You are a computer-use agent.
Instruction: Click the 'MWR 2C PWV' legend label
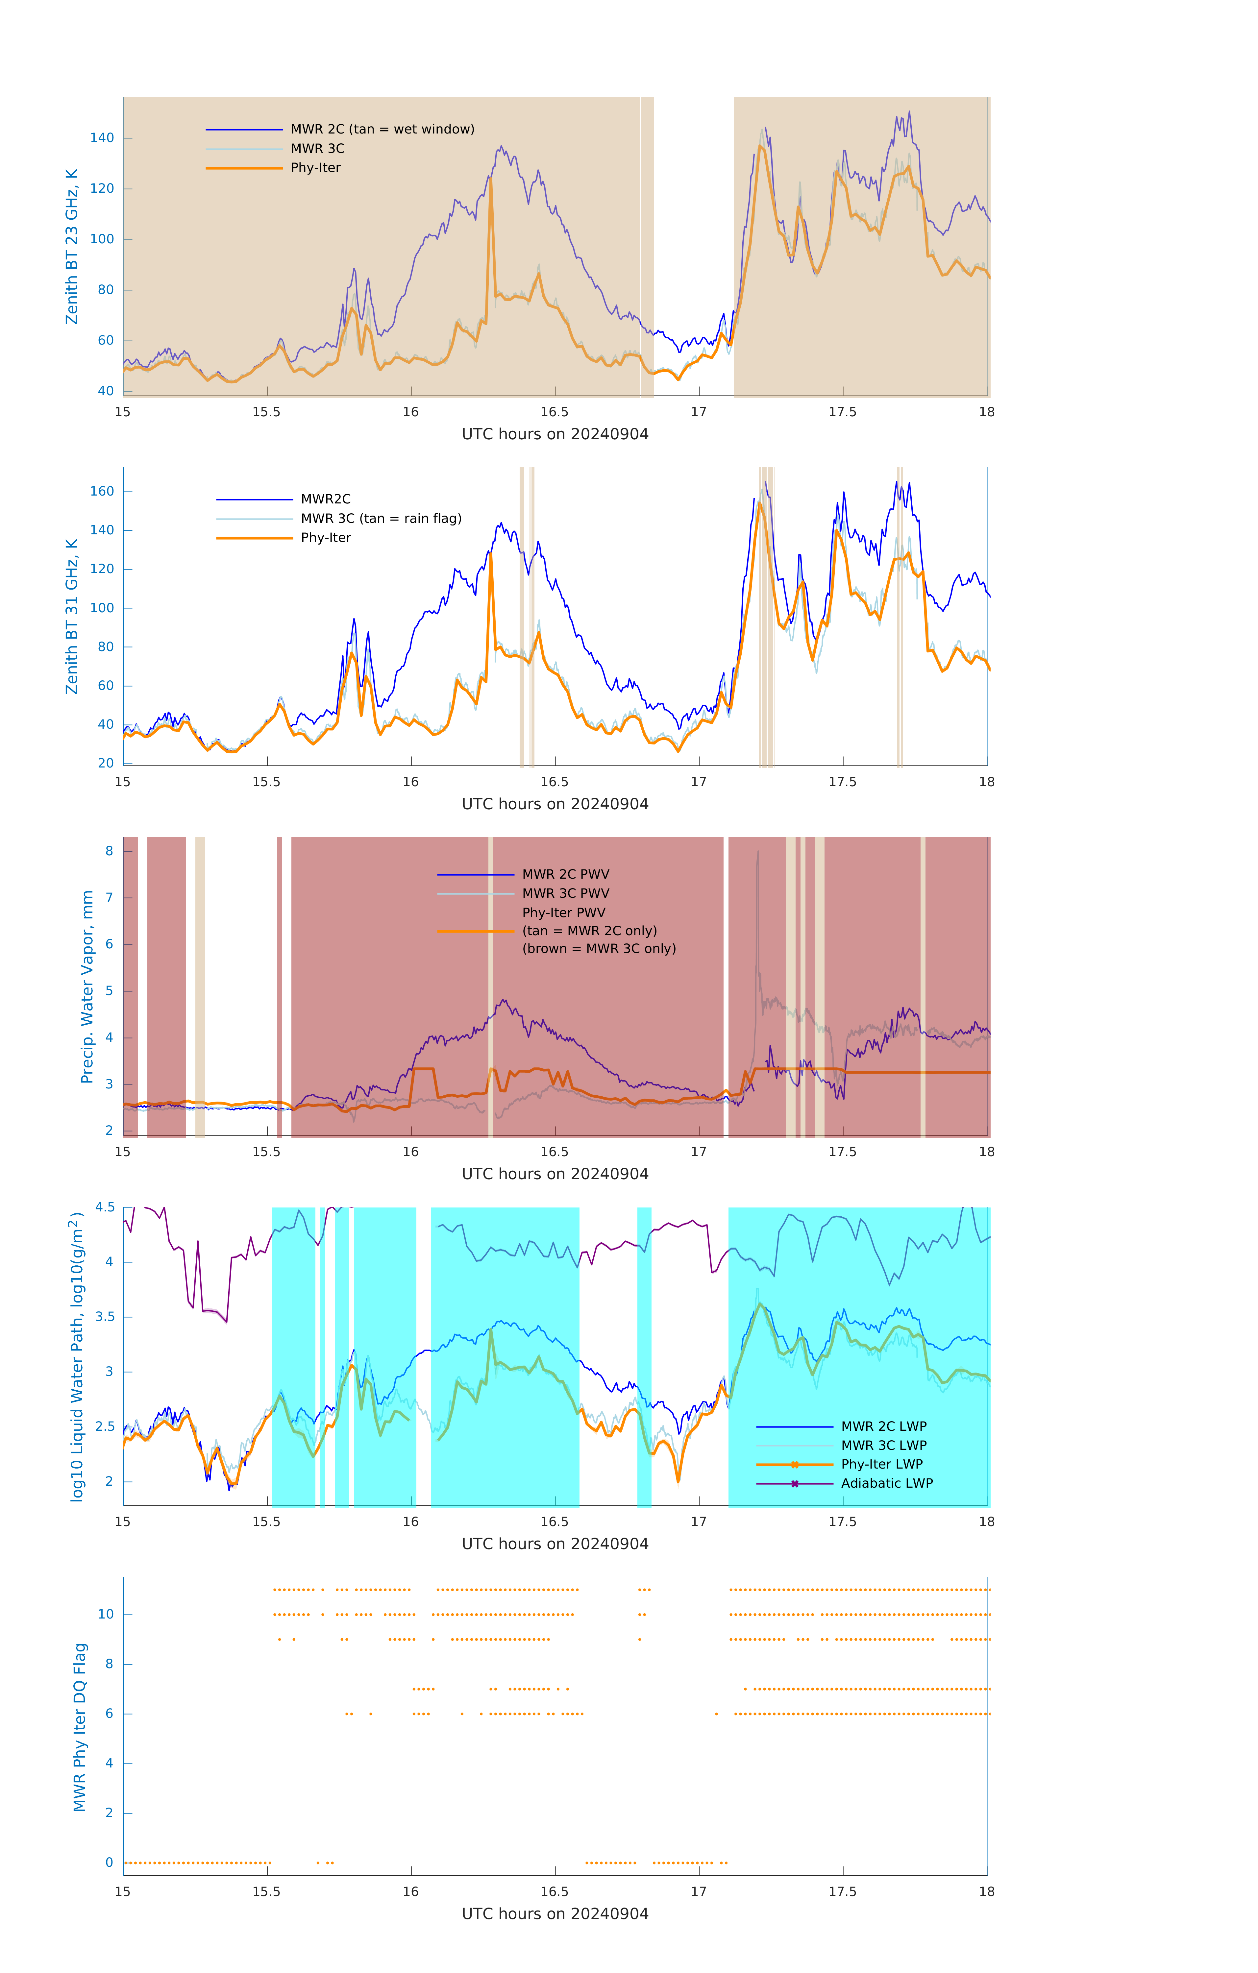tap(565, 874)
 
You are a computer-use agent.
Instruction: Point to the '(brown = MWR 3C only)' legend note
tap(599, 949)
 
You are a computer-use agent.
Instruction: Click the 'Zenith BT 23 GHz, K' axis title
tap(72, 247)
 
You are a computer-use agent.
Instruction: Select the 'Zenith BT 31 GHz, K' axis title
tap(72, 616)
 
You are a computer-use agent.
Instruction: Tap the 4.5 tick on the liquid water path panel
tap(105, 1207)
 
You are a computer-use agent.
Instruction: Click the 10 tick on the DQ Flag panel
tap(106, 1614)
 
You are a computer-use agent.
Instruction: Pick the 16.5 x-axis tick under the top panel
tap(554, 412)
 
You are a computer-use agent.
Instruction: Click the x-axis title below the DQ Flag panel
tap(555, 1914)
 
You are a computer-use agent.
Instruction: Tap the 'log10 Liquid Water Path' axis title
tap(77, 1356)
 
